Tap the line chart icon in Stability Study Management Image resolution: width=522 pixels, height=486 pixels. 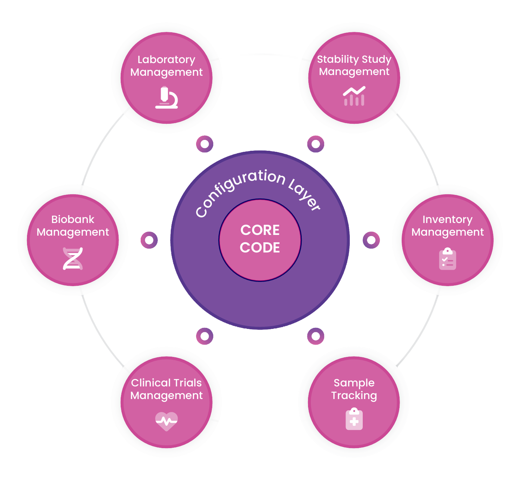click(354, 96)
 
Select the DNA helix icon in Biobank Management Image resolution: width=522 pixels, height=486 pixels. click(73, 258)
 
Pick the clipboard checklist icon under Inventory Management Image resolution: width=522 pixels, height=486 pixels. click(447, 259)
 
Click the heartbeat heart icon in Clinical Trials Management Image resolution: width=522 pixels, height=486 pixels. click(166, 421)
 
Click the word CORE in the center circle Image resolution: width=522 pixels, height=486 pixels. click(260, 230)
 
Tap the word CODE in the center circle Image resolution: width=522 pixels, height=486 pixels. click(260, 248)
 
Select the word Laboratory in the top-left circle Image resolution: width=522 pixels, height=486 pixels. click(166, 60)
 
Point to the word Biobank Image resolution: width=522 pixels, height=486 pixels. click(73, 219)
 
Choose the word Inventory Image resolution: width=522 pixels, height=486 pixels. click(447, 220)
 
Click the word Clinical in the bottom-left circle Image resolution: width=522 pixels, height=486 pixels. click(150, 383)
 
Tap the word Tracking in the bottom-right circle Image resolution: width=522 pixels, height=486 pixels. click(354, 396)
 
